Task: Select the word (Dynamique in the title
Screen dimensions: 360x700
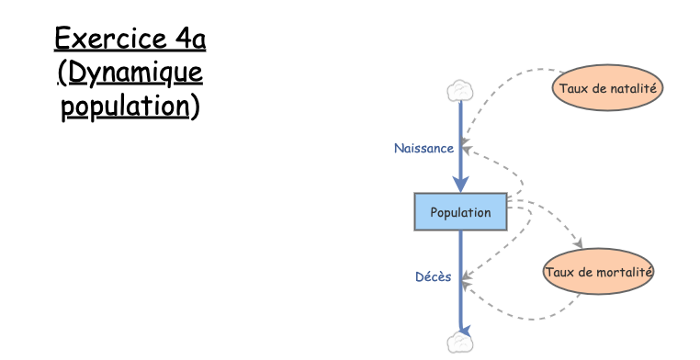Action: (130, 73)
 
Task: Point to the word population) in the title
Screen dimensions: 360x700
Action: (130, 106)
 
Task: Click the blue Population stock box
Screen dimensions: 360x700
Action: (460, 212)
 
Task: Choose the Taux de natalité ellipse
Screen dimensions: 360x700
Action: (607, 87)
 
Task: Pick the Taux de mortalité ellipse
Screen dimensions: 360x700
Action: (598, 272)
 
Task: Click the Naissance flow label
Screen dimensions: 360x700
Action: (423, 149)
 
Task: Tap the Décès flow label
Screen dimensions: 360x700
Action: (433, 276)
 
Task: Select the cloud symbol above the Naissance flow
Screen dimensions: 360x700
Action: (459, 91)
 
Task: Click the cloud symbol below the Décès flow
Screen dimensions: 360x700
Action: (459, 343)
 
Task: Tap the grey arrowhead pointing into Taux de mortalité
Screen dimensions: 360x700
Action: (579, 243)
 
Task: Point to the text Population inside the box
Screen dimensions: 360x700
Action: (460, 212)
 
